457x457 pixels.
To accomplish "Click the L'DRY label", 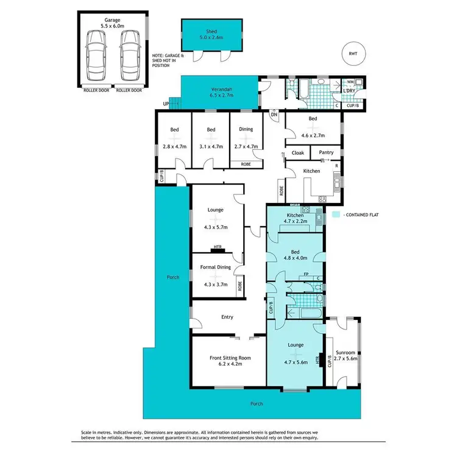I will coord(349,91).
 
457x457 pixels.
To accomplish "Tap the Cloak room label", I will coord(298,152).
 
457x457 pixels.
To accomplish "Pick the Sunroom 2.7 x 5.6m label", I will coord(345,356).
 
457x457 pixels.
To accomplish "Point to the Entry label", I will coord(226,317).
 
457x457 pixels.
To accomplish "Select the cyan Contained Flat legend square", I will coord(336,215).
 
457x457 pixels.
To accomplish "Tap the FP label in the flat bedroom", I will coord(306,274).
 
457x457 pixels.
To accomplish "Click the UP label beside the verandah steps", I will coord(166,104).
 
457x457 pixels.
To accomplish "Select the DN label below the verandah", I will coord(274,114).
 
